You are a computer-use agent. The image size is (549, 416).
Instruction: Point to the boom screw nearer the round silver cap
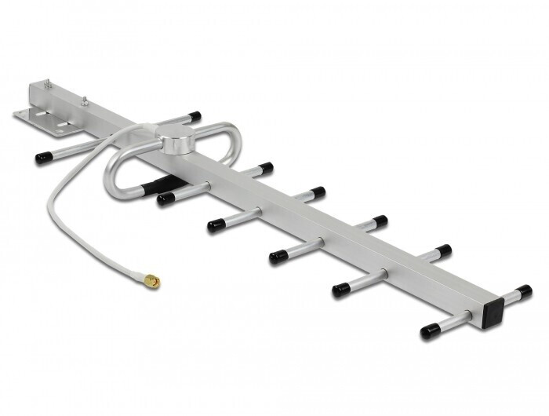83,100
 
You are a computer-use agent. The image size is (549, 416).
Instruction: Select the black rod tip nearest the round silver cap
193,117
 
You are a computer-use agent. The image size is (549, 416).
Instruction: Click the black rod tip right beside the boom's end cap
523,291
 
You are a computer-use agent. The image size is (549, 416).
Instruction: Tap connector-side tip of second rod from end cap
340,290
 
